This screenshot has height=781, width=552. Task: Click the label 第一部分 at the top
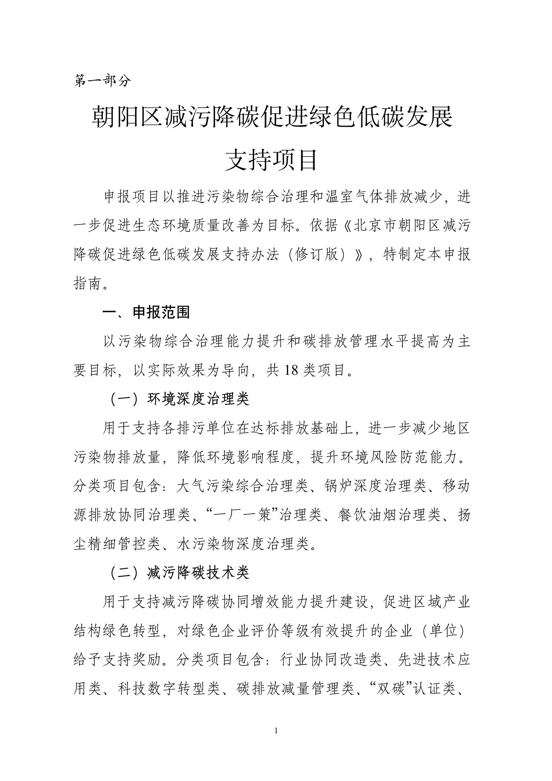click(103, 81)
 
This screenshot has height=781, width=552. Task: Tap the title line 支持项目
click(271, 160)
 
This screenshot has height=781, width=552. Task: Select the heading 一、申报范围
click(146, 312)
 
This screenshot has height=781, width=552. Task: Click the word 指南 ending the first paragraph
click(88, 284)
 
